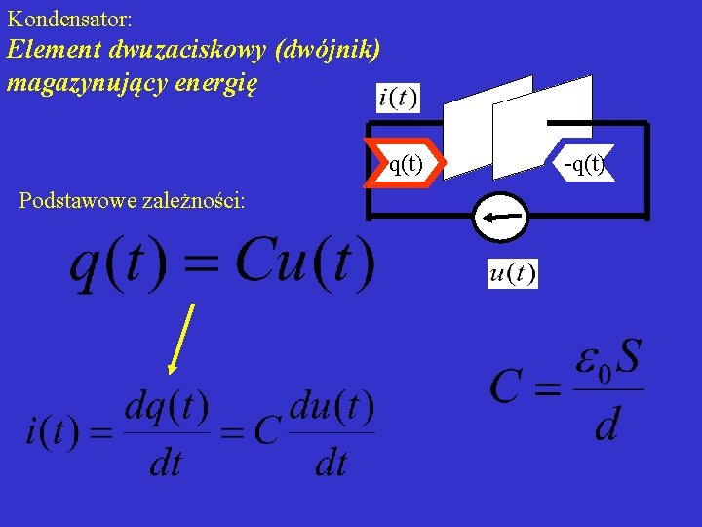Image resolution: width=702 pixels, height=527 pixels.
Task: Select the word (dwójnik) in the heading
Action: click(x=328, y=50)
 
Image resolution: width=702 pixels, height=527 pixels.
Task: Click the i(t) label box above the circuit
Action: click(x=398, y=99)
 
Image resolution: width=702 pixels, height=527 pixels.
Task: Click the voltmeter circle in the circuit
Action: click(x=499, y=215)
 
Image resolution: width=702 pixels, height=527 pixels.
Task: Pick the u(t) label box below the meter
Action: click(x=513, y=274)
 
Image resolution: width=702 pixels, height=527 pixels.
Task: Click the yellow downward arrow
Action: click(x=181, y=338)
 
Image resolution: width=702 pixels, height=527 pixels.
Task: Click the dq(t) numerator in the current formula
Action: click(x=166, y=409)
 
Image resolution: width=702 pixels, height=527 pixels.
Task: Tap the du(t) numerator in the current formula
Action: click(x=331, y=409)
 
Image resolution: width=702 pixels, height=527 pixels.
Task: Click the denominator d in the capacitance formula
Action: click(x=606, y=425)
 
